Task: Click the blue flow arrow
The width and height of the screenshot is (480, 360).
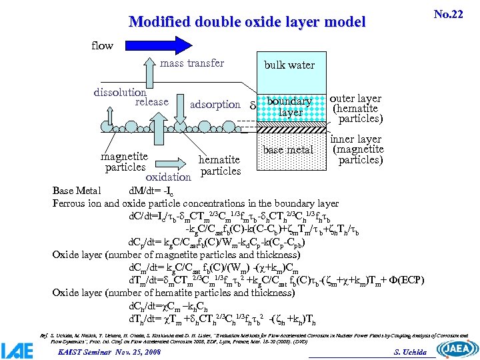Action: pyautogui.click(x=200, y=45)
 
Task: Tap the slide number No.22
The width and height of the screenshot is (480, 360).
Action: pyautogui.click(x=448, y=14)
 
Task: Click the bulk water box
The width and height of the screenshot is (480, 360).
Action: pyautogui.click(x=289, y=65)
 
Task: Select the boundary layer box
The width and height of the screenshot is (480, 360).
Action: pyautogui.click(x=289, y=107)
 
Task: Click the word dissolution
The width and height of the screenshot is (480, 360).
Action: pyautogui.click(x=120, y=92)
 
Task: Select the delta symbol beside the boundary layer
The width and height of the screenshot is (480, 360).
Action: pyautogui.click(x=252, y=105)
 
